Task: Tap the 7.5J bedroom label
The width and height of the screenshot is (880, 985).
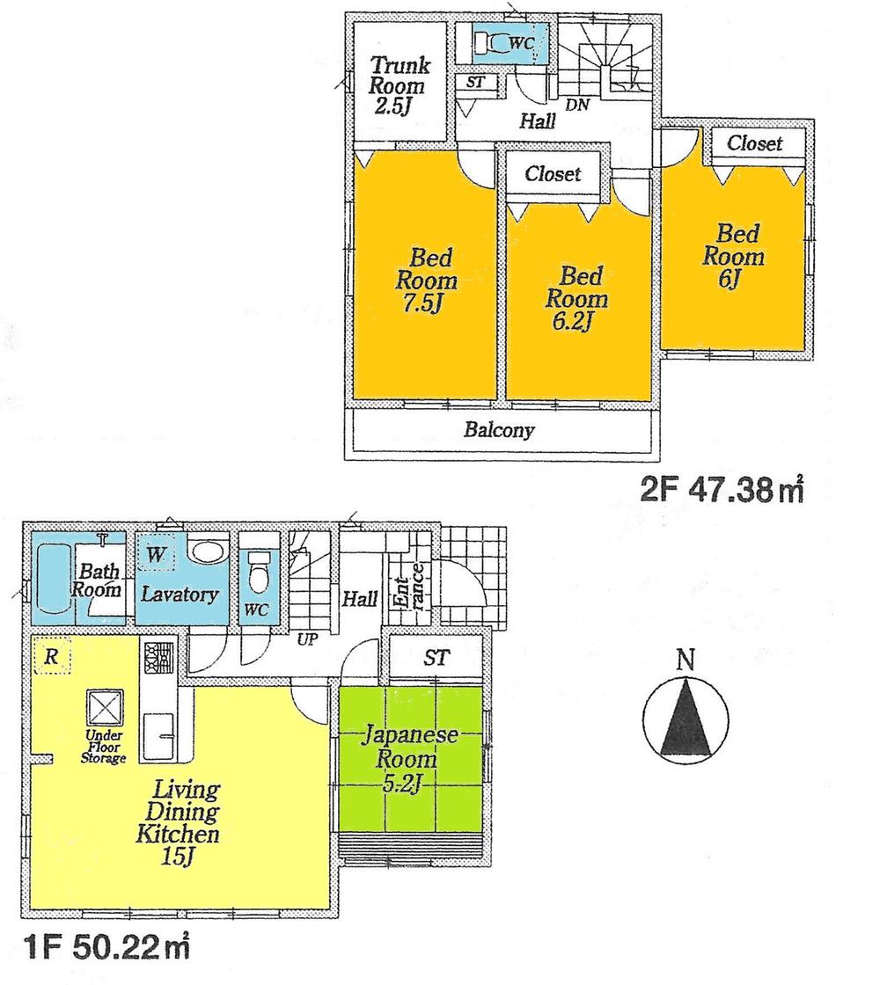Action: point(426,281)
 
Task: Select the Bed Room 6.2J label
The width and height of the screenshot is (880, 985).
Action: point(576,298)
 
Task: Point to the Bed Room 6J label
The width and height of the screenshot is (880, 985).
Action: point(734,256)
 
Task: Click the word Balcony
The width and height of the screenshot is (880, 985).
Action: point(499,431)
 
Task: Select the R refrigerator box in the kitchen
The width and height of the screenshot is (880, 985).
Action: point(51,656)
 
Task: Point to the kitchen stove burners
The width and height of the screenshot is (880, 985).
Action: point(158,655)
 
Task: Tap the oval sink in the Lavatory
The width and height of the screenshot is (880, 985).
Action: point(208,552)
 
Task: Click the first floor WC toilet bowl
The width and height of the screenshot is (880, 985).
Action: point(259,578)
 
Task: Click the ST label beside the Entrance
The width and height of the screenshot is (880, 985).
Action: point(436,658)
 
